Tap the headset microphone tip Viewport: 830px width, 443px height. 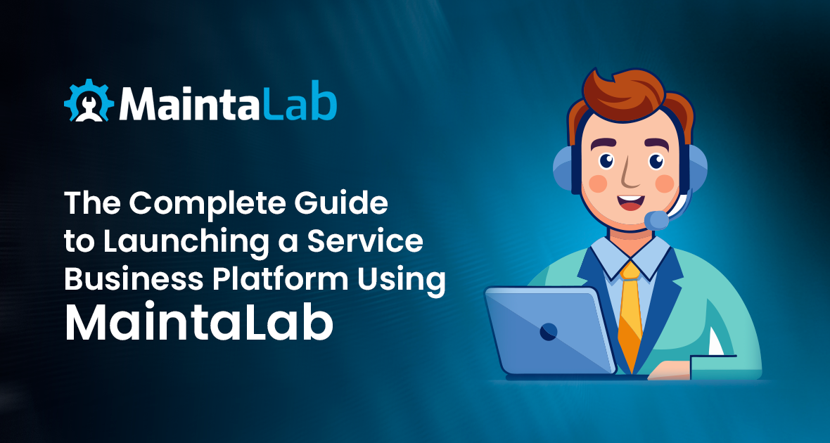[x=657, y=219]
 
